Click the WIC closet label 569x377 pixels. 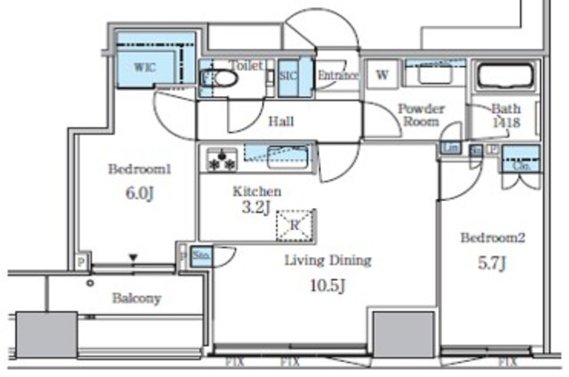click(x=144, y=66)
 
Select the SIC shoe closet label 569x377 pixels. click(x=287, y=76)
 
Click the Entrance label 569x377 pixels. click(x=338, y=76)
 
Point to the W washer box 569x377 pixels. click(x=382, y=75)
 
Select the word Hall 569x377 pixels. click(x=281, y=122)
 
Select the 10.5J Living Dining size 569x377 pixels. click(x=327, y=285)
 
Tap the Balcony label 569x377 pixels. click(x=136, y=299)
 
